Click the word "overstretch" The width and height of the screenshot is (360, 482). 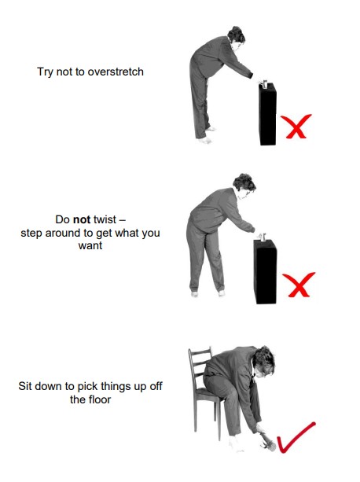(116, 72)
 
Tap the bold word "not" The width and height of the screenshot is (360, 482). (82, 219)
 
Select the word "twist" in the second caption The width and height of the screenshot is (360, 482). (105, 219)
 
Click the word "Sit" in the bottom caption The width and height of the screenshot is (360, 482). (25, 386)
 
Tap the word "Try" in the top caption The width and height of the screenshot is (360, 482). (45, 72)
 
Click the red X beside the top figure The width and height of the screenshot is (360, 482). (296, 127)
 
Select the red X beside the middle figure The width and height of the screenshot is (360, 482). (299, 285)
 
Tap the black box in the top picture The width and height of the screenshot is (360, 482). (267, 114)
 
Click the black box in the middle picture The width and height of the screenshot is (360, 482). (265, 272)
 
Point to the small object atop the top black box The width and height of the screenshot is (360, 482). (265, 83)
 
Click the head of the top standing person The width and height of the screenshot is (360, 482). (236, 38)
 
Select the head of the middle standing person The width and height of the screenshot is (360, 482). (244, 186)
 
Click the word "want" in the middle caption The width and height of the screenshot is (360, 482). (90, 246)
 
